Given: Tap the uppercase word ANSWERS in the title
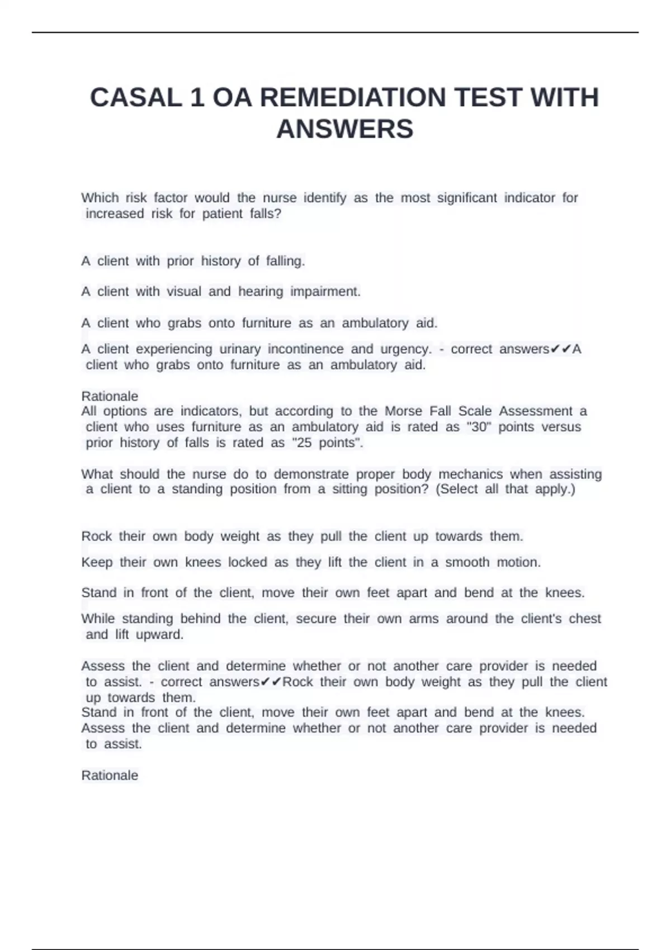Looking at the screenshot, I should (344, 129).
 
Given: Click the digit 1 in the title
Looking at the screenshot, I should (197, 98).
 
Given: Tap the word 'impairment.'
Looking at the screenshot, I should (325, 292).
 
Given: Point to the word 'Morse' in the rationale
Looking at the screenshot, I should (403, 411).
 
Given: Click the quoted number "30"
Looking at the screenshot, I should (478, 427).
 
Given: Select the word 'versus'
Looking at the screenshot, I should (561, 427).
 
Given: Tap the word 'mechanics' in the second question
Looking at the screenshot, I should (470, 474).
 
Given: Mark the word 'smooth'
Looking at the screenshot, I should (467, 562).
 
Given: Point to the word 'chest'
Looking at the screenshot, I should (585, 619).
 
